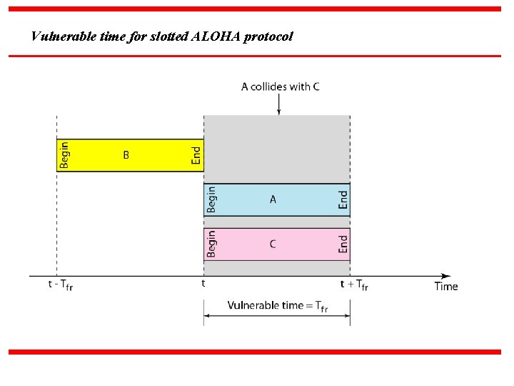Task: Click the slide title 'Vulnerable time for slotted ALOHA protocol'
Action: [162, 36]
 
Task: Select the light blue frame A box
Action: [277, 200]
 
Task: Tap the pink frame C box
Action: [277, 244]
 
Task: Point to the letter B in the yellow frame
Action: [126, 154]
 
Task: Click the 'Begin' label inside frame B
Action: [65, 154]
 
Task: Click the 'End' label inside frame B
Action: [196, 155]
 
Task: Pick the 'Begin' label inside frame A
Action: [212, 199]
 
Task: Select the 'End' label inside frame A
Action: [343, 199]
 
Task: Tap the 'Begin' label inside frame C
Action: [212, 244]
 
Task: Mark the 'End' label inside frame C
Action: [343, 244]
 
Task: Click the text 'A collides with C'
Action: [280, 86]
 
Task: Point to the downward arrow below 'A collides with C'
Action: [278, 104]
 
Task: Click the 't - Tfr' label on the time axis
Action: [61, 284]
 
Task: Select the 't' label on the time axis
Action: [203, 283]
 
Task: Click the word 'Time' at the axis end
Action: [446, 286]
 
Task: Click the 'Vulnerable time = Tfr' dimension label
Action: [278, 306]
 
